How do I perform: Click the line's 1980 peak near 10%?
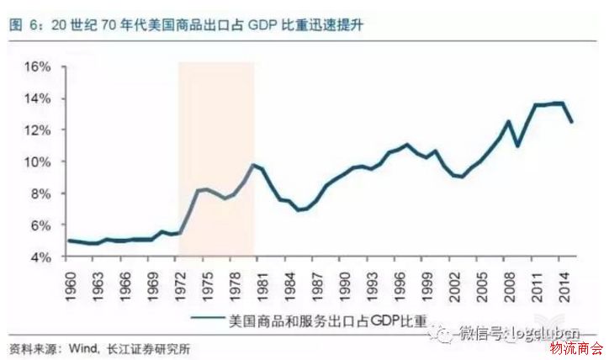[x=253, y=165]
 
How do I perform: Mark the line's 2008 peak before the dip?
[x=508, y=121]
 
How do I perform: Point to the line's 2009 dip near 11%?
[x=517, y=146]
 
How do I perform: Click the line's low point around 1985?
[x=298, y=209]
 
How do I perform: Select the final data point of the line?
[x=574, y=122]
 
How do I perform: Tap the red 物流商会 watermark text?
[x=575, y=348]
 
